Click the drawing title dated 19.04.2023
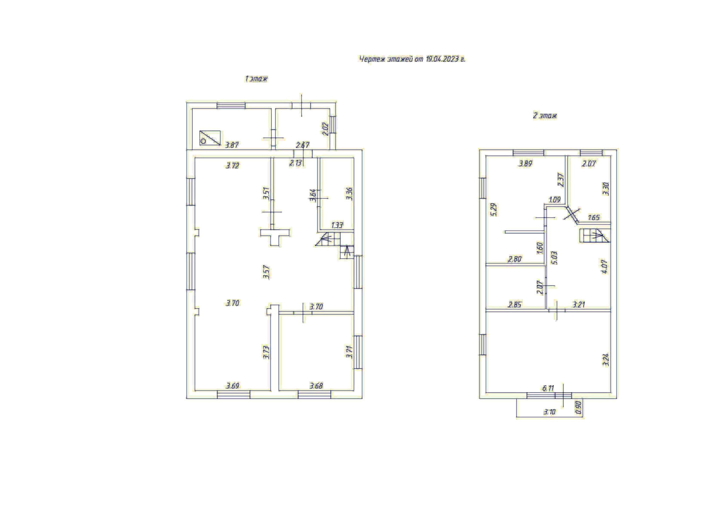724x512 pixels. click(412, 59)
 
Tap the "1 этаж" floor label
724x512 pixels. click(256, 79)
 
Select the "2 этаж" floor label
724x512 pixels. click(545, 116)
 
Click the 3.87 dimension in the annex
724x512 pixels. click(232, 145)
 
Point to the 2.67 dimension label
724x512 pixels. click(302, 145)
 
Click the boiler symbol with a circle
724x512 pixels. click(210, 138)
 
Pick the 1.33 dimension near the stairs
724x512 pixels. click(337, 225)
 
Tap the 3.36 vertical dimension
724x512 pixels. click(350, 194)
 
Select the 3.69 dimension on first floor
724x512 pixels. click(233, 386)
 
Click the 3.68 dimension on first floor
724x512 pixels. click(316, 386)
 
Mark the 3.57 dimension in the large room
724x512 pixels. click(266, 272)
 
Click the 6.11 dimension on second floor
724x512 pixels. click(548, 388)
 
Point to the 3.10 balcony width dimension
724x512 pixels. click(549, 412)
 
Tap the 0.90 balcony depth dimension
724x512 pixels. click(578, 407)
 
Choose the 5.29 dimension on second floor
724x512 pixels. click(494, 210)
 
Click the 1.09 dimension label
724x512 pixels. click(555, 200)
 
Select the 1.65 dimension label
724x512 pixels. click(594, 218)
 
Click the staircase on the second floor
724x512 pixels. click(594, 236)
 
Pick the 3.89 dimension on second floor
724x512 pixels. click(525, 164)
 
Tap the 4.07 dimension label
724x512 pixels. click(604, 267)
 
